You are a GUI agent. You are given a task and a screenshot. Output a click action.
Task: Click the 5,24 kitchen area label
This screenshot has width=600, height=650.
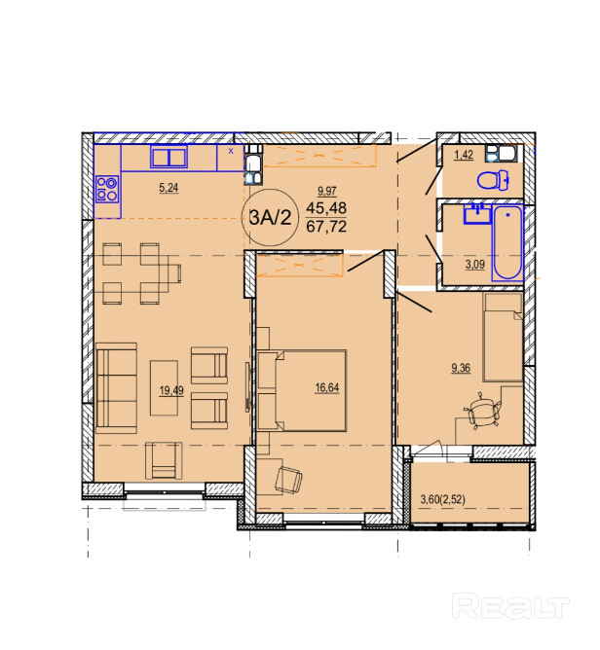[x=169, y=188]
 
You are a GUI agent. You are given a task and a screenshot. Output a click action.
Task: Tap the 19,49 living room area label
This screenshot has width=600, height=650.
[x=171, y=390]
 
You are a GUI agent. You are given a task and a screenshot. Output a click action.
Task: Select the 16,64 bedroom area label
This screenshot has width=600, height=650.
[x=327, y=387]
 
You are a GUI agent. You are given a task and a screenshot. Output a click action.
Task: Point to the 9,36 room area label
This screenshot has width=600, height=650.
[x=461, y=368]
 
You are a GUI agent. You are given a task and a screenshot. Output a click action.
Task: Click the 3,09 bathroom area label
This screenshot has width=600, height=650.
[x=475, y=264]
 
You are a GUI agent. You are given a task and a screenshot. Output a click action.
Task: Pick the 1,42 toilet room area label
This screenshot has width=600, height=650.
[x=464, y=155]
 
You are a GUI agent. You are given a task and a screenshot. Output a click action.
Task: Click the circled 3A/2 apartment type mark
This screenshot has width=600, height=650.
[x=270, y=217]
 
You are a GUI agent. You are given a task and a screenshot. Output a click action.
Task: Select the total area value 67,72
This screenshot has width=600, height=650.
[x=326, y=227]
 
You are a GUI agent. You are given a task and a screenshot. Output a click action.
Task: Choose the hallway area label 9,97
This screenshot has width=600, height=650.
[x=326, y=191]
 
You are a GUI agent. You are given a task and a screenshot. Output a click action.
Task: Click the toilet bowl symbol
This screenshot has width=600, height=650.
[x=494, y=180]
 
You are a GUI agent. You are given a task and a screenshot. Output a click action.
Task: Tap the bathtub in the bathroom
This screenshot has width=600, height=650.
[x=507, y=243]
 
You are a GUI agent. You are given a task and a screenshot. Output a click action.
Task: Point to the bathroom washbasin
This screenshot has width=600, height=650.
[x=477, y=214]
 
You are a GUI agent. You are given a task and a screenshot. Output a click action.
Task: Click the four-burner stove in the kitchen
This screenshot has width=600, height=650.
[x=107, y=189]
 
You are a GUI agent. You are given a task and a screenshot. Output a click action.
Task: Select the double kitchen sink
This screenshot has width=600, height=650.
[x=169, y=158]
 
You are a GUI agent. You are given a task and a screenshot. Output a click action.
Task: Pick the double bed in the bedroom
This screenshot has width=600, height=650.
[x=302, y=391]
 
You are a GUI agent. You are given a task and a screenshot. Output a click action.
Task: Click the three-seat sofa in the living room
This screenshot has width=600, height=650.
[x=116, y=388]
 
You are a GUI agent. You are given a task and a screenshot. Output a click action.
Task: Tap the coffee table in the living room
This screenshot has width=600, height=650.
[x=164, y=388]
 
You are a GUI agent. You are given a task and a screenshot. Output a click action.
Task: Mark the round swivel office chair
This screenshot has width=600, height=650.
[x=483, y=411]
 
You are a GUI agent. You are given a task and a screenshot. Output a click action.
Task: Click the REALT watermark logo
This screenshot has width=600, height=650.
[x=510, y=606]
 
